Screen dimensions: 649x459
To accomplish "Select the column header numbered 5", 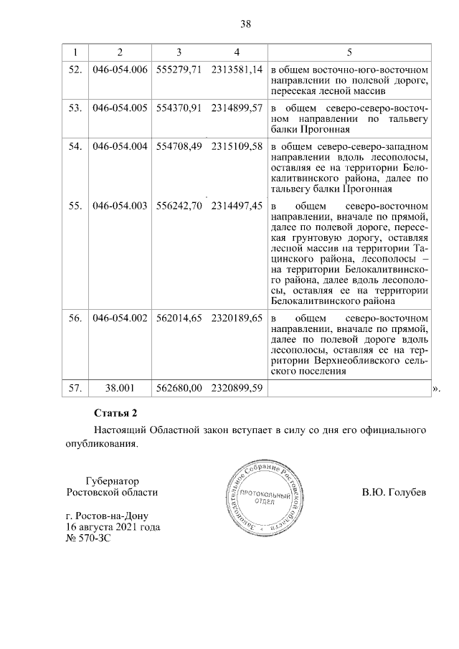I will [349, 52].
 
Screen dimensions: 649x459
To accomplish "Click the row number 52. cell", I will [75, 70].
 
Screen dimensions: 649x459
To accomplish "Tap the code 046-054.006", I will [120, 70].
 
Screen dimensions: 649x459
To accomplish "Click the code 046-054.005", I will [120, 108].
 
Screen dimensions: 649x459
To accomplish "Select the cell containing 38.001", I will [120, 388].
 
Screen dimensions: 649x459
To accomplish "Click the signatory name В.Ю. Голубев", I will [394, 493].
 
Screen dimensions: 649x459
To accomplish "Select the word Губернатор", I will [112, 480].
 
